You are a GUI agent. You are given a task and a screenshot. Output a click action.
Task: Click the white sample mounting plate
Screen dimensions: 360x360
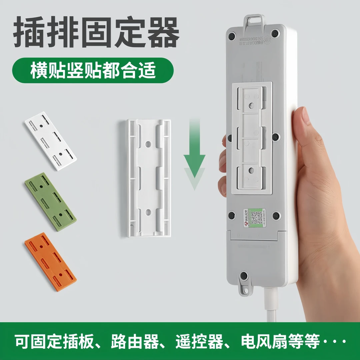click(51, 141)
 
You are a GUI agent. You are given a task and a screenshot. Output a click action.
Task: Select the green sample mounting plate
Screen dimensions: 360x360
click(51, 202)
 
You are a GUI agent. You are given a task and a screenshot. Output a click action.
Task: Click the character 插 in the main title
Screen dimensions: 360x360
click(29, 33)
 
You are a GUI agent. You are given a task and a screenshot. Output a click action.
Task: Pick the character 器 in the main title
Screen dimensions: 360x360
click(162, 33)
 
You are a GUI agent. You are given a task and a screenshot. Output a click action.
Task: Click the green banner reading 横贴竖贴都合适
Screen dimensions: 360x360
click(93, 70)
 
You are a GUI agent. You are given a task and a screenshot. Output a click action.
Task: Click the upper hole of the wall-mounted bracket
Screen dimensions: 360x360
click(148, 145)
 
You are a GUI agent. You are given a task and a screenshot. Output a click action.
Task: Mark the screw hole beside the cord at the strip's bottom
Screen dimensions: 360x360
click(244, 276)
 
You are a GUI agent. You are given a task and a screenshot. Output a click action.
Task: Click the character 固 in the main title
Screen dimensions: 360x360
click(96, 33)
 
